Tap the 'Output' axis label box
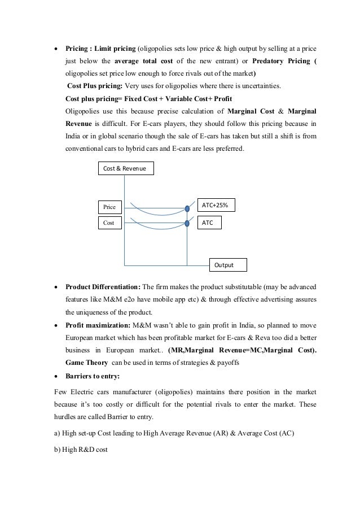228,264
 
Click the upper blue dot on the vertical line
187,209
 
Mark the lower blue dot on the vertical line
187,224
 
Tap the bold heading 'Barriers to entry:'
93,378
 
